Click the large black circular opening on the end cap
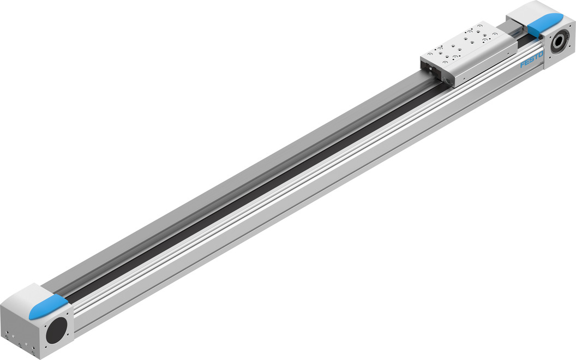pos(56,331)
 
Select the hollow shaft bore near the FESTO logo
pos(560,43)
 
